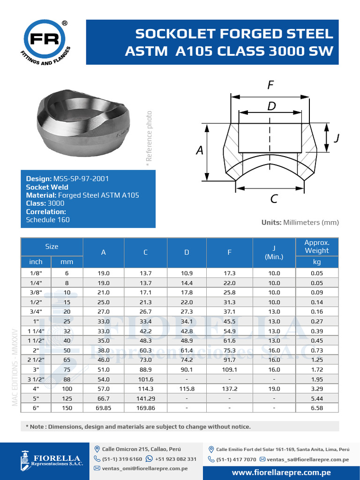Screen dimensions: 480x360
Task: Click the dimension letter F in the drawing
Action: (270, 85)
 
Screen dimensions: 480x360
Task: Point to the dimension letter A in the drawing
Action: (200, 150)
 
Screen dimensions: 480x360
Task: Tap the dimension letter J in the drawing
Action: (336, 138)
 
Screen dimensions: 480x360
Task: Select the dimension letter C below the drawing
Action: (274, 199)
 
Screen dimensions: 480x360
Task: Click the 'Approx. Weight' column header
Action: (317, 247)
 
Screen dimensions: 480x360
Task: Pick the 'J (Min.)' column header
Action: (274, 252)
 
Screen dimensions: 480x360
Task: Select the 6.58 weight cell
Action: (317, 408)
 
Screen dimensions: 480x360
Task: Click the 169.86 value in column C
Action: (145, 408)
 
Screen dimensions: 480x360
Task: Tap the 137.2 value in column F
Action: (229, 389)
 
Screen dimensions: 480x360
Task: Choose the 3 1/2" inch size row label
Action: (36, 379)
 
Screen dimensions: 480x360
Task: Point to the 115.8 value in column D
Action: (187, 389)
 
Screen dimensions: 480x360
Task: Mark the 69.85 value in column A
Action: (104, 408)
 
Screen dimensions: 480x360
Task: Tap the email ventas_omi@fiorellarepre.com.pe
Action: (145, 468)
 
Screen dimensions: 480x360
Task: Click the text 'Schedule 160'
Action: (48, 219)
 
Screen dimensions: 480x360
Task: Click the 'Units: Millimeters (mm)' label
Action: (300, 222)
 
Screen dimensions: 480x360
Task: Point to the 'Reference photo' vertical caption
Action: (149, 136)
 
